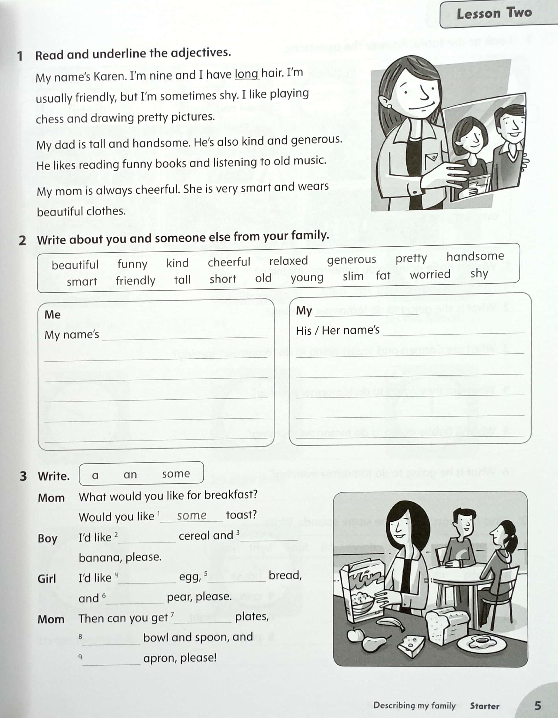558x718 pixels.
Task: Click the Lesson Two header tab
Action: click(494, 14)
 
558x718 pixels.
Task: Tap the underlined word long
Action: click(247, 74)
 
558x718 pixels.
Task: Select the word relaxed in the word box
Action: click(288, 261)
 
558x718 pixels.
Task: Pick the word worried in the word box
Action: click(430, 274)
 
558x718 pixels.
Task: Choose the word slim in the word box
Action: click(353, 276)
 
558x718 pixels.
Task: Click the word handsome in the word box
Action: click(475, 256)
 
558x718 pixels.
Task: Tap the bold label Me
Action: click(53, 314)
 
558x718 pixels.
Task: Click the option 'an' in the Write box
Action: click(130, 474)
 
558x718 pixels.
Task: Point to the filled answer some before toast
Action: click(191, 515)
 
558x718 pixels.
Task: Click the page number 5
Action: click(537, 705)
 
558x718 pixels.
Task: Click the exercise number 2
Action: click(22, 240)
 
